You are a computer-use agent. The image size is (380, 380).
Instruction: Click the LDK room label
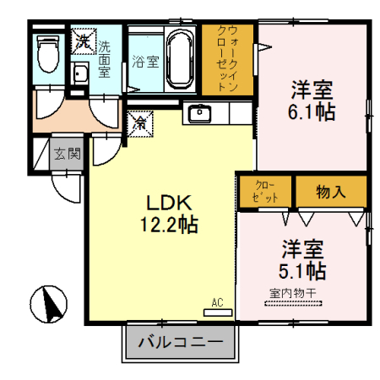(171, 204)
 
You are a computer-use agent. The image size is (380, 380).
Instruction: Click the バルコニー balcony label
(180, 344)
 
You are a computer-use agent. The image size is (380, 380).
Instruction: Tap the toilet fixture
(48, 54)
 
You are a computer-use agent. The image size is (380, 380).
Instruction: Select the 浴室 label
(144, 62)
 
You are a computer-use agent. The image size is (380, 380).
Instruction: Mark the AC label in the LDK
(217, 302)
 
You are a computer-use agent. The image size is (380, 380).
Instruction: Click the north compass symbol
(48, 302)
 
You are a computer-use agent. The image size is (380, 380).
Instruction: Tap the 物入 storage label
(330, 191)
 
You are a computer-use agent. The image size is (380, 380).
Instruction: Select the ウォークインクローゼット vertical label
(229, 57)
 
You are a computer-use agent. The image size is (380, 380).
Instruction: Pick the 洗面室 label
(105, 58)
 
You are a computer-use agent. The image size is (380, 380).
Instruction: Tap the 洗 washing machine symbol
(83, 39)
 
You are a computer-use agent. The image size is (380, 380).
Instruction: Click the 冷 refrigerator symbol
(139, 123)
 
